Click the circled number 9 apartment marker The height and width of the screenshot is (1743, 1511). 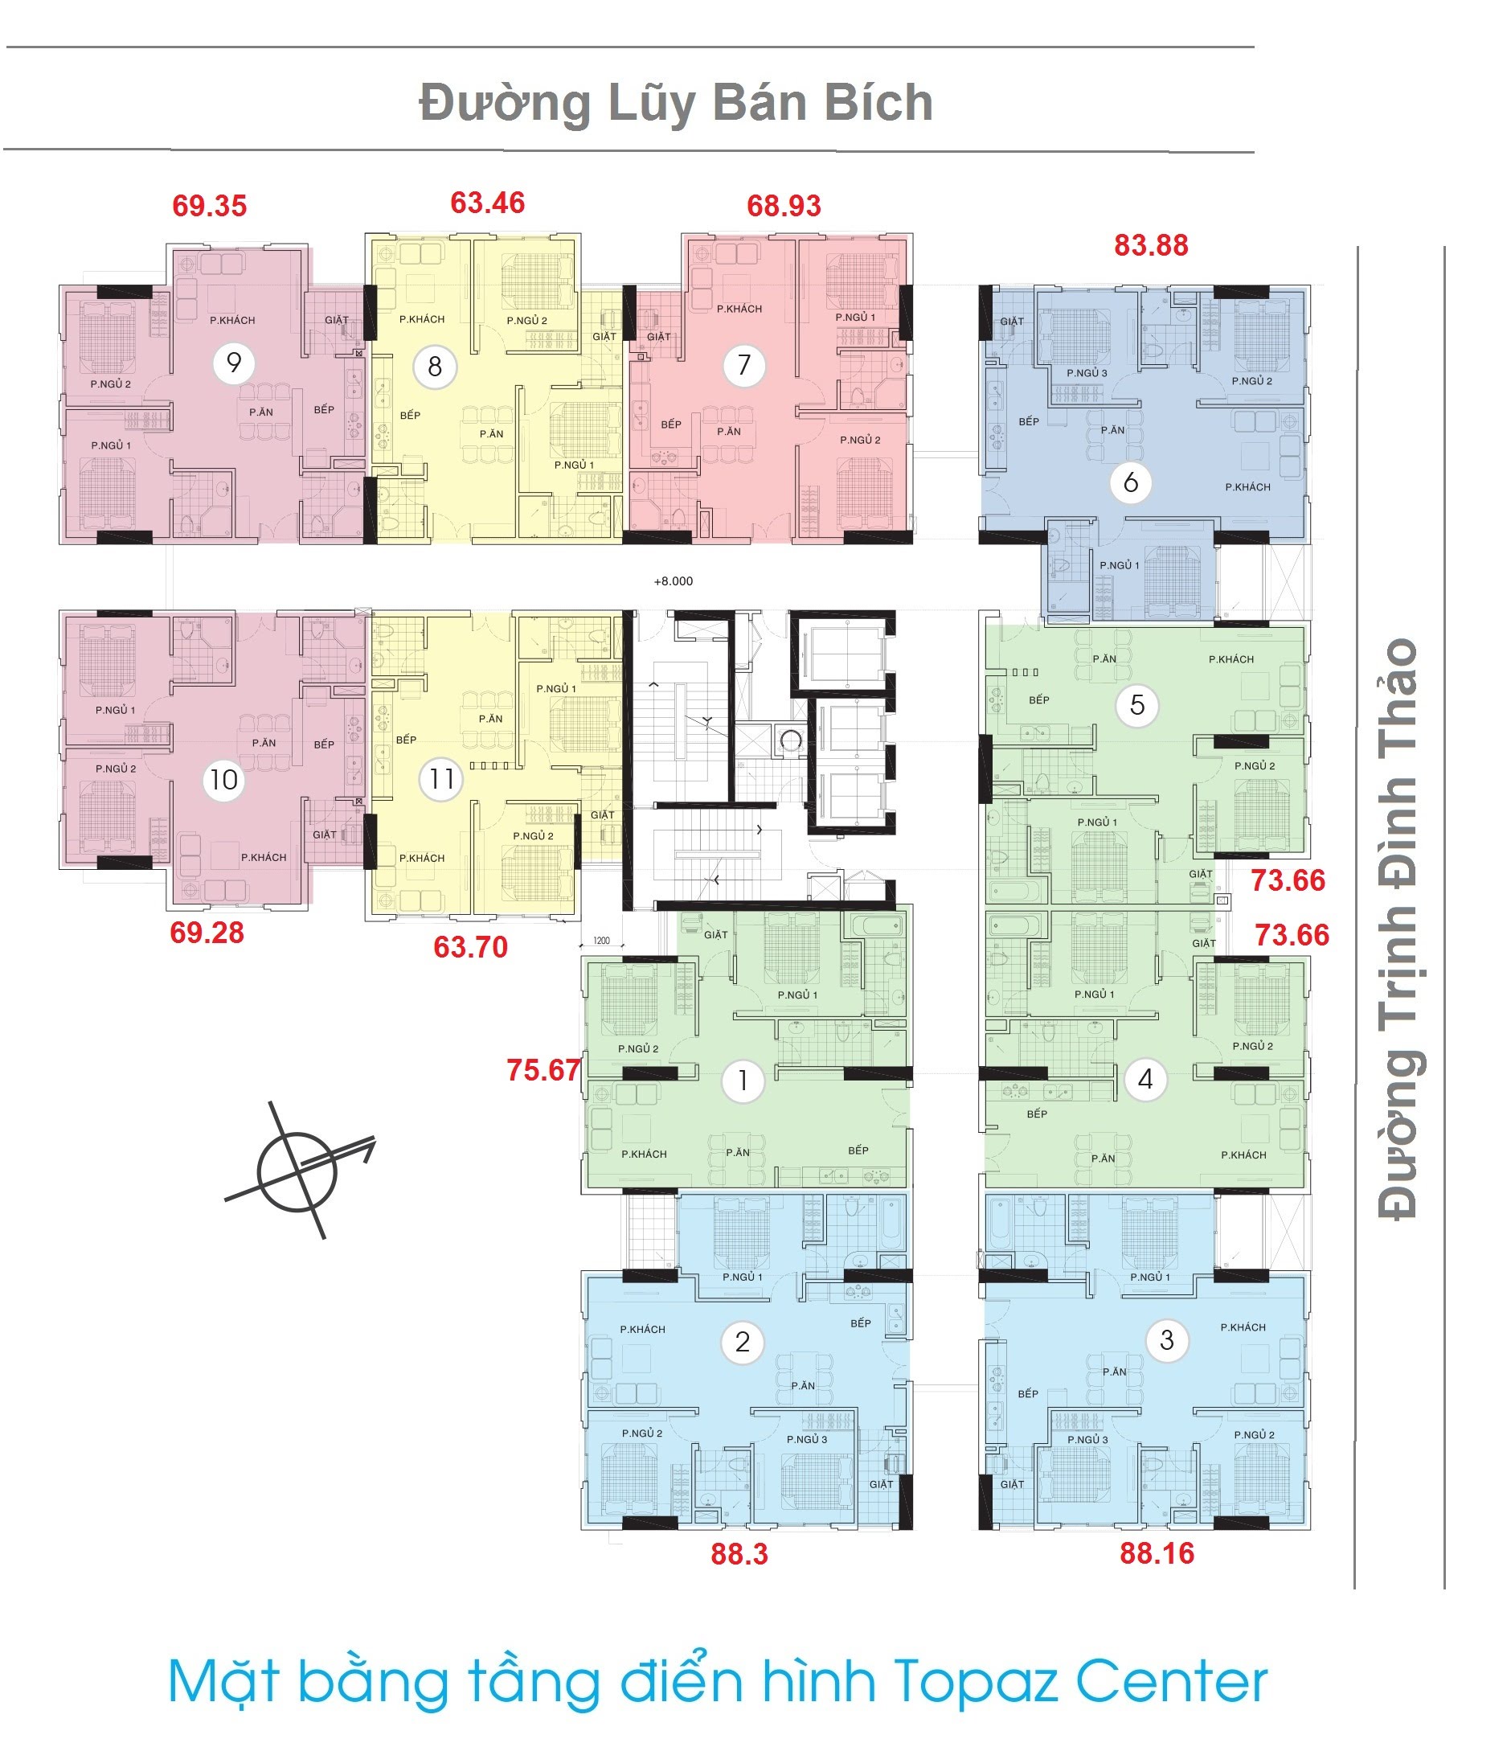(234, 363)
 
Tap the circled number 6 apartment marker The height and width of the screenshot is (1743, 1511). (1130, 482)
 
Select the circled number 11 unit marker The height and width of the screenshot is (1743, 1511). (441, 778)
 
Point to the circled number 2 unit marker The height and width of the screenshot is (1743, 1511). (742, 1341)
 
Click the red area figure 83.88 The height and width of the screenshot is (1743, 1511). (1151, 245)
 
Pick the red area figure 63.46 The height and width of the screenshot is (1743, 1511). (487, 203)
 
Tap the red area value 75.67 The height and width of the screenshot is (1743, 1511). (544, 1070)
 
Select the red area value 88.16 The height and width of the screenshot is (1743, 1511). (1157, 1553)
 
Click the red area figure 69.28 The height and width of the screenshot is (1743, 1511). (207, 933)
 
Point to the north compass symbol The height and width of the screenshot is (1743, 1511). (298, 1171)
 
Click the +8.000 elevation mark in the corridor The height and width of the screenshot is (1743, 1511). (673, 581)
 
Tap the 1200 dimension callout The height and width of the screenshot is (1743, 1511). (601, 940)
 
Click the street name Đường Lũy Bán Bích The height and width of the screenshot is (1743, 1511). (676, 104)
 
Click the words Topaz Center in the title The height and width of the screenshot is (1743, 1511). (1080, 1682)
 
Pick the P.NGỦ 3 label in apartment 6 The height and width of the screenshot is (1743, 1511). (1087, 373)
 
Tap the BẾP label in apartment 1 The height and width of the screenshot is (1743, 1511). (858, 1150)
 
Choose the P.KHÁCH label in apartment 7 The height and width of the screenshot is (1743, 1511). (739, 309)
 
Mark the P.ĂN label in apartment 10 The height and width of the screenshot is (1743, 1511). (264, 743)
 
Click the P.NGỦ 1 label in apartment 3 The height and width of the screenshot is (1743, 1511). (1150, 1277)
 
